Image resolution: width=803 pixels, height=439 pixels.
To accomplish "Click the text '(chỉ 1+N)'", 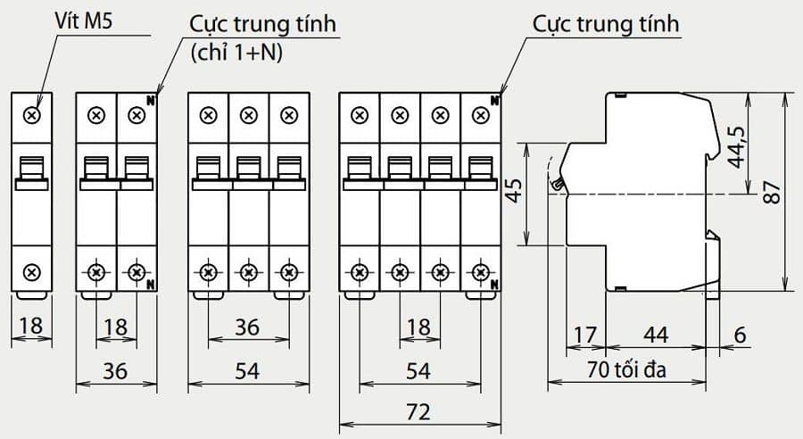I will pos(237,53).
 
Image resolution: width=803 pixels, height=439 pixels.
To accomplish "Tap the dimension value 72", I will pos(418,412).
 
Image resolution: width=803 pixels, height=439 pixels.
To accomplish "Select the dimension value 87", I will pos(773,192).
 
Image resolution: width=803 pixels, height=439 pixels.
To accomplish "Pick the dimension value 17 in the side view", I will pos(585,336).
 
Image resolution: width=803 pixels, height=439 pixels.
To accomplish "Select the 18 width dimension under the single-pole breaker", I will pos(31,326).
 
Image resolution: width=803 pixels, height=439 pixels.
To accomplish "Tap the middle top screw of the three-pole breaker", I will pos(249,115).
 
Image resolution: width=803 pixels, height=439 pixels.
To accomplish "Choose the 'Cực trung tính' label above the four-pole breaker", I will pos(607,24).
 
